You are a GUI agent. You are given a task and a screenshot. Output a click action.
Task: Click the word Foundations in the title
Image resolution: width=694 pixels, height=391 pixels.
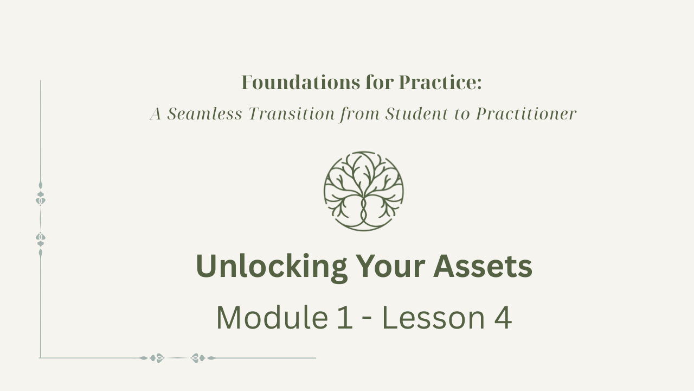tap(300, 83)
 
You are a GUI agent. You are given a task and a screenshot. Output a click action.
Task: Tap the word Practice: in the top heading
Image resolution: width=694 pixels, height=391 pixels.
tap(440, 83)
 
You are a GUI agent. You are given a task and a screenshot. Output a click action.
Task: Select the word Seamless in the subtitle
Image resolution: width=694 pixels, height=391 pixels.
tap(204, 113)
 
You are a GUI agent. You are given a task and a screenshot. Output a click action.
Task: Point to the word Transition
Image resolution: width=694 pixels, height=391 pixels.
tap(292, 113)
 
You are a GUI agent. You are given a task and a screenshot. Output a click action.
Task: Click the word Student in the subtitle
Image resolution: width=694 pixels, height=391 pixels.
tap(417, 113)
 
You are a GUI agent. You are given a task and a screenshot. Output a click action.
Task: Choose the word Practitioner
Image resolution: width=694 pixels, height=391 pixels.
tap(526, 113)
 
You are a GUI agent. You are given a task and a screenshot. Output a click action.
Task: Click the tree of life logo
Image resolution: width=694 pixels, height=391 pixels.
tap(364, 191)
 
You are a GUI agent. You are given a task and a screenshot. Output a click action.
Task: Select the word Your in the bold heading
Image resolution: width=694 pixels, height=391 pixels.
tap(390, 266)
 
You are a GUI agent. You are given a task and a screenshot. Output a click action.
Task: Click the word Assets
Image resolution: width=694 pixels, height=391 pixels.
tap(483, 266)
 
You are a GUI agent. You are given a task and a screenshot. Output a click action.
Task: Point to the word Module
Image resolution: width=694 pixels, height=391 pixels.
tap(272, 318)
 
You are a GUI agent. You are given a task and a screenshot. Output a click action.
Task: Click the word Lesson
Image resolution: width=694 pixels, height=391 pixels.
tap(433, 318)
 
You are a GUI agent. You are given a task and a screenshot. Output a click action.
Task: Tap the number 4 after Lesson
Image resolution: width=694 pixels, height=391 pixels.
tap(503, 318)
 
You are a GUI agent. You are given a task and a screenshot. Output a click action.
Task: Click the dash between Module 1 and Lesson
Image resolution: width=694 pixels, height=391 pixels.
tap(367, 320)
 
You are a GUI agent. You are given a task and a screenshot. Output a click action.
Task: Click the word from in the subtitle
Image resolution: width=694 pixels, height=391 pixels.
tap(359, 114)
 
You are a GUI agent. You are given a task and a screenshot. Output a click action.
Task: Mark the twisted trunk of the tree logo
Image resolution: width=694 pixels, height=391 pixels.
tap(364, 211)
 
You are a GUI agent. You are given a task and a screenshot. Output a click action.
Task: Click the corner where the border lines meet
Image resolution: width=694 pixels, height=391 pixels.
tap(41, 358)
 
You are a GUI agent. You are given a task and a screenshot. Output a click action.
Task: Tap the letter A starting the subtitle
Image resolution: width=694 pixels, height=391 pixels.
tap(156, 113)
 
